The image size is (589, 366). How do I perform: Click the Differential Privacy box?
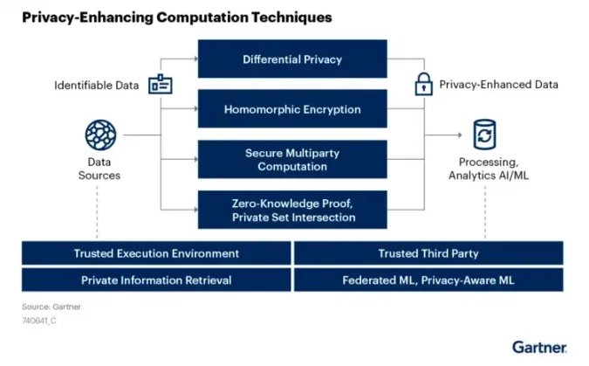click(292, 59)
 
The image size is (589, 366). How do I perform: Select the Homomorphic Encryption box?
click(292, 109)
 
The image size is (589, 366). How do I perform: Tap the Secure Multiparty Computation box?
click(292, 159)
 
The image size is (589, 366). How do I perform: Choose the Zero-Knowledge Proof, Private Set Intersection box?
click(292, 210)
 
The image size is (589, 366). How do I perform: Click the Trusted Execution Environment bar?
click(156, 253)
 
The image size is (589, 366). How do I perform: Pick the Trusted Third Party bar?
click(428, 253)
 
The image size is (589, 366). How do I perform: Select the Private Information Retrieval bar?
click(156, 280)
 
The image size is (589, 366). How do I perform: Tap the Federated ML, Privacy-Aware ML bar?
click(428, 280)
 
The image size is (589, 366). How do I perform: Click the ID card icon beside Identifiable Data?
click(161, 84)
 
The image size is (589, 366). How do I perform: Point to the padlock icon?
click(423, 85)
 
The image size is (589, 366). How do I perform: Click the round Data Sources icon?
click(100, 135)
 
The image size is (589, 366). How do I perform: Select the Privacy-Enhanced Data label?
click(498, 85)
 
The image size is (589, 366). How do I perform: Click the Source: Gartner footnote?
click(49, 307)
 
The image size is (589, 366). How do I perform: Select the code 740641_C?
click(41, 321)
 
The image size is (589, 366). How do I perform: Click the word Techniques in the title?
click(289, 17)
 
